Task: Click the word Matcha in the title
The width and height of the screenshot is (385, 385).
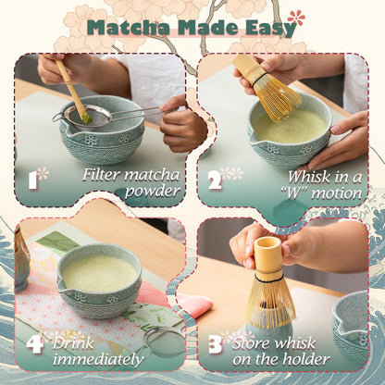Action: (x=125, y=27)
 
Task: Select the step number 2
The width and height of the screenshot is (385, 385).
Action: (x=215, y=179)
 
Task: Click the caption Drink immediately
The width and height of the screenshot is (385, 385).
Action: (x=97, y=349)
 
